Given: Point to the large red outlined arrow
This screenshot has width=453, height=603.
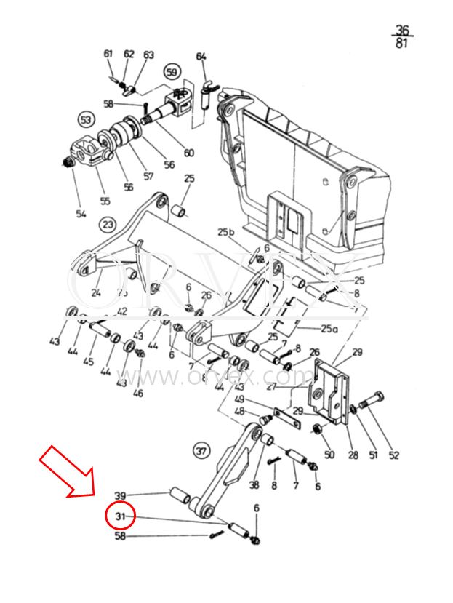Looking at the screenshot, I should tap(68, 472).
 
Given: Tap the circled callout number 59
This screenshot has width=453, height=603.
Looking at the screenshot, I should tap(172, 72).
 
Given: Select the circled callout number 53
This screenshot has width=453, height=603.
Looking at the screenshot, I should tap(87, 119).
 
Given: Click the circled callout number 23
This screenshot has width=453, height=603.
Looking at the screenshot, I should tap(108, 223).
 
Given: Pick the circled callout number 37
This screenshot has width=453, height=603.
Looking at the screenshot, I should tap(201, 451).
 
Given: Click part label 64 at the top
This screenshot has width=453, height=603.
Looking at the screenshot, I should tap(201, 56).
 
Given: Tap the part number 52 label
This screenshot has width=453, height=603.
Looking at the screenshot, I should tap(393, 455).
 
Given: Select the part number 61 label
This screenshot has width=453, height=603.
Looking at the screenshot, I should tap(108, 54).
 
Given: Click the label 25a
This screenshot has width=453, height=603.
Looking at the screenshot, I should tap(329, 328).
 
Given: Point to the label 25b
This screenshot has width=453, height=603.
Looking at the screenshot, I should tap(226, 232).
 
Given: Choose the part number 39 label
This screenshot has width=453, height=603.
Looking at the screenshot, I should tap(121, 495).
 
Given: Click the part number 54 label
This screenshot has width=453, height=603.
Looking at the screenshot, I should tap(81, 213).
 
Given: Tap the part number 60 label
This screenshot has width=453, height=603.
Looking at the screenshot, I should tap(188, 153).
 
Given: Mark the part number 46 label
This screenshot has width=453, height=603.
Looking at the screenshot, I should tap(137, 394).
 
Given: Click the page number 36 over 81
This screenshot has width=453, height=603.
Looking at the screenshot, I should tap(402, 36).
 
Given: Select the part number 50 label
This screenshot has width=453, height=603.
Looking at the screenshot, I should tap(329, 455).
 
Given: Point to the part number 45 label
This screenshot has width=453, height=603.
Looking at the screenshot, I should tap(89, 362).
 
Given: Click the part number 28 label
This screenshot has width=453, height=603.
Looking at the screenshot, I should tap(353, 455).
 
